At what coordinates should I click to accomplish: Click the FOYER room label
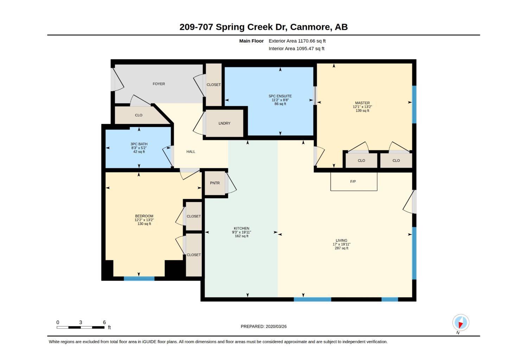[x=159, y=84]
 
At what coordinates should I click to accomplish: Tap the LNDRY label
[x=224, y=123]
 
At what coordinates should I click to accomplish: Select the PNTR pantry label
[x=215, y=183]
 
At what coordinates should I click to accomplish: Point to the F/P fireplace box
[x=354, y=182]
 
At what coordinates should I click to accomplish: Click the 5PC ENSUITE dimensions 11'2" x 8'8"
[x=280, y=100]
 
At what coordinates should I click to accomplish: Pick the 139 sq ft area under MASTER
[x=362, y=110]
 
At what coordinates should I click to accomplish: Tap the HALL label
[x=191, y=152]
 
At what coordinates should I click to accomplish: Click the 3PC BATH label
[x=139, y=144]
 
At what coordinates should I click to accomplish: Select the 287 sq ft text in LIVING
[x=341, y=248]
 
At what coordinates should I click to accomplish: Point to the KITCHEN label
[x=241, y=228]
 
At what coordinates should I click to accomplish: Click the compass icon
[x=461, y=323]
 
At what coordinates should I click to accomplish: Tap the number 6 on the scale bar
[x=104, y=322]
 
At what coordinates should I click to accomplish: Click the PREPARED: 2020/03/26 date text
[x=263, y=327]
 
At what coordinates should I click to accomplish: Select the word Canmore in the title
[x=310, y=27]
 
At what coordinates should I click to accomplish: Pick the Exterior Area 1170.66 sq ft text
[x=297, y=41]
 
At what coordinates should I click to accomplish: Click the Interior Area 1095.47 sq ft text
[x=297, y=49]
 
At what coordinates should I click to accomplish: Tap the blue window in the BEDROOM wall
[x=139, y=279]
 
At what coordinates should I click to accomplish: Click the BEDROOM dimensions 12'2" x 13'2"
[x=144, y=220]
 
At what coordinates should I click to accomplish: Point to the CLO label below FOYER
[x=139, y=115]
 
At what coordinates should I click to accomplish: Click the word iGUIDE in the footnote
[x=149, y=342]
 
